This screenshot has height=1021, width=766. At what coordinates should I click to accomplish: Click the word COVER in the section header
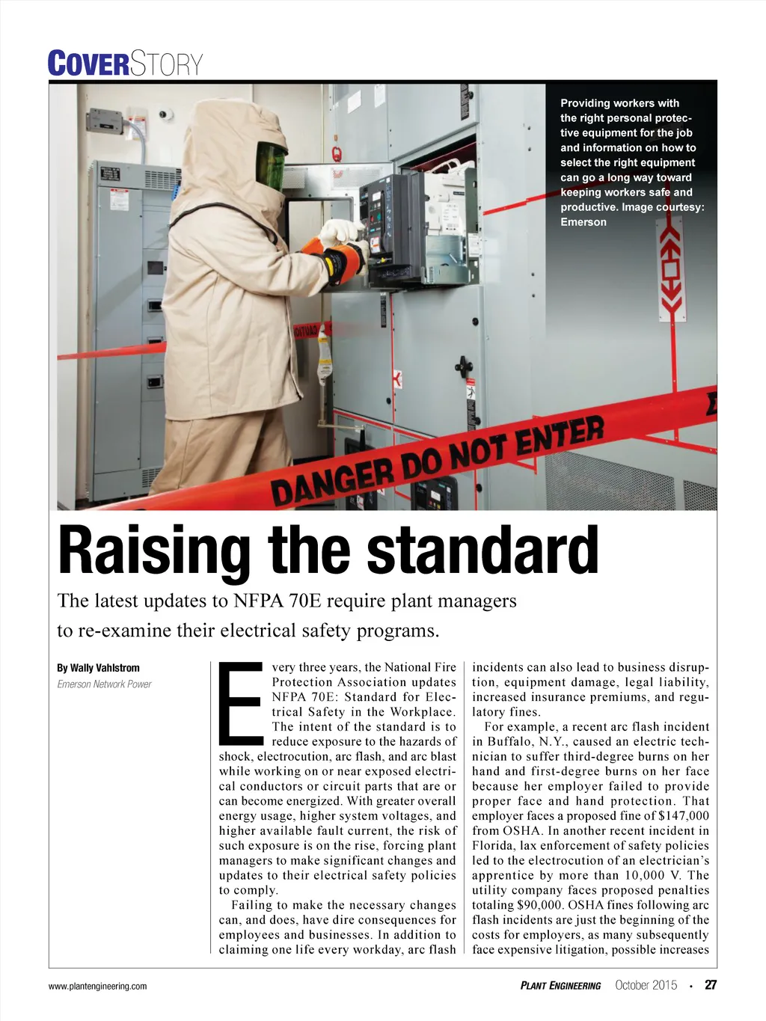coord(88,64)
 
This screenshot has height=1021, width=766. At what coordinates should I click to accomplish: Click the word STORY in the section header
coord(166,64)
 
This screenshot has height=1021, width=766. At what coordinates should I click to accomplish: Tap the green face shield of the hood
coord(272,165)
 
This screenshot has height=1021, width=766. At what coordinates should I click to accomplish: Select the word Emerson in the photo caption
coord(583,222)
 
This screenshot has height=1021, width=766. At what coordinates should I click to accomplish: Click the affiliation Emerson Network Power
coord(104,684)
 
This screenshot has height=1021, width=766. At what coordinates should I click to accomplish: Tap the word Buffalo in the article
coord(511,741)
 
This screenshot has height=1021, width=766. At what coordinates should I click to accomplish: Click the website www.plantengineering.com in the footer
coord(97,986)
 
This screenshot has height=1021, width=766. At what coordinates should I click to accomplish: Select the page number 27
coord(711,985)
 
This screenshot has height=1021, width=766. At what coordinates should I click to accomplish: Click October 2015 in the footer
coord(646,985)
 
